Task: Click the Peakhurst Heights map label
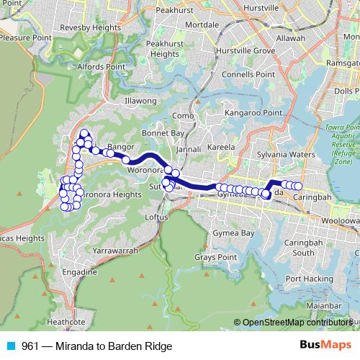(166, 48)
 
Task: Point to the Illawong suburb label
(140, 101)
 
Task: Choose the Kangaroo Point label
(253, 113)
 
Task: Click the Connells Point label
(243, 74)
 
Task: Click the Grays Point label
(216, 257)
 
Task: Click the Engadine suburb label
(79, 273)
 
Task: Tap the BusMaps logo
(323, 346)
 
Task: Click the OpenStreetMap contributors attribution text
(297, 323)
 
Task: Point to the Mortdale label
(181, 24)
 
